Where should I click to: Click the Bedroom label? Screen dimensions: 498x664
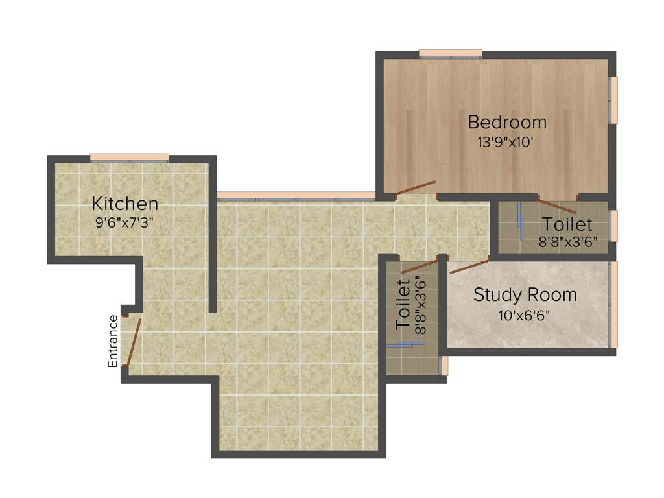click(507, 122)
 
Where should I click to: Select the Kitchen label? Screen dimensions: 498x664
click(124, 204)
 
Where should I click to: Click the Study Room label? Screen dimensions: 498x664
click(525, 295)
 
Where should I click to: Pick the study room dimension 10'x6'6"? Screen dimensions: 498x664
click(525, 316)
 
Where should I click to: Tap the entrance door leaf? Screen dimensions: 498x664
click(132, 342)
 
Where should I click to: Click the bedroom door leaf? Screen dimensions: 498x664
click(415, 187)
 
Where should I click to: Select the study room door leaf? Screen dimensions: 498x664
click(469, 266)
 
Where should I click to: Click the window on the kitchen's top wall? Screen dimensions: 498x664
click(129, 157)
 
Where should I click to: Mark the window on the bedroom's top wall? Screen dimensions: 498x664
click(450, 53)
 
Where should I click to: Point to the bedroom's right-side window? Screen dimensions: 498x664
click(613, 100)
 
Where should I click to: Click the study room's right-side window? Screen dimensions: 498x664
click(613, 305)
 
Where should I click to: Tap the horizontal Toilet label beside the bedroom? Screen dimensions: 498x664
click(567, 224)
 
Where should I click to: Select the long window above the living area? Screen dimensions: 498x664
click(296, 195)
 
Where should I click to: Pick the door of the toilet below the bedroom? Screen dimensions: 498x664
click(557, 206)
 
